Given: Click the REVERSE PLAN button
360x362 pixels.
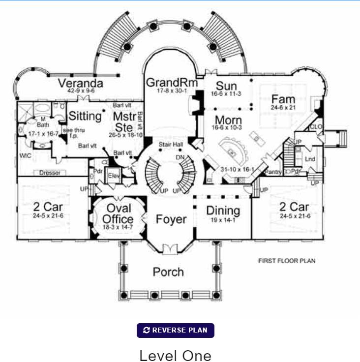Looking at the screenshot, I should click(x=175, y=330).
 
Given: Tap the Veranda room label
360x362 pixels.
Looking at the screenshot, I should click(x=81, y=83).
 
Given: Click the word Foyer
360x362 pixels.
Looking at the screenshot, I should click(x=171, y=219).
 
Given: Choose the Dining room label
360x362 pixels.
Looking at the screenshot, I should click(x=223, y=211).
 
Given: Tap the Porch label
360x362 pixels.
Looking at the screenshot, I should click(x=168, y=272).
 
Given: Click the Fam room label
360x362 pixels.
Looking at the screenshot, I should click(x=283, y=99).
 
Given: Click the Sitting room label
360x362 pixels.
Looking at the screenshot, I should click(x=85, y=117).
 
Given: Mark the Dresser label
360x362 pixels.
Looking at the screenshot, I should click(x=50, y=173).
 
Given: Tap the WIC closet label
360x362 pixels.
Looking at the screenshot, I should click(x=26, y=156).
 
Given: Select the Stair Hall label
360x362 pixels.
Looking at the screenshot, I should click(x=171, y=145).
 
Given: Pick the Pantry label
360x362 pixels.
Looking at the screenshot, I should click(x=272, y=171).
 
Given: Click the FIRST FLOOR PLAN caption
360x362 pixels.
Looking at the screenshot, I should click(x=287, y=261).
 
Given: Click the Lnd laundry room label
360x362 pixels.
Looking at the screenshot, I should click(x=310, y=159).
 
